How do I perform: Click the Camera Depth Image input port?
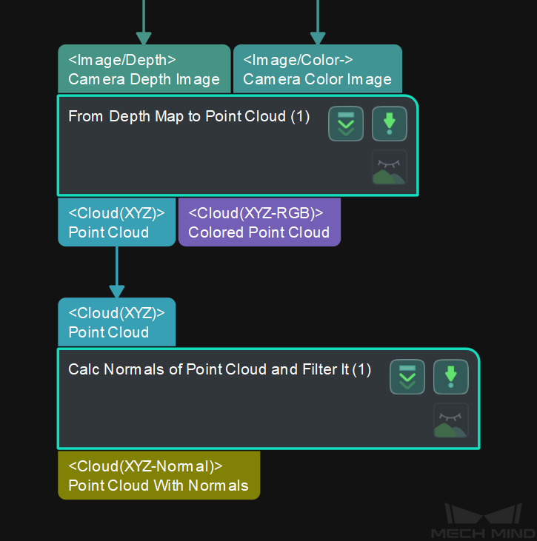pos(144,69)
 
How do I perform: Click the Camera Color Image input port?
pos(318,69)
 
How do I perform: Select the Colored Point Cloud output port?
pos(259,222)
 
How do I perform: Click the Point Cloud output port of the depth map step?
pos(116,222)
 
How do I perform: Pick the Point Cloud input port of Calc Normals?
pos(116,322)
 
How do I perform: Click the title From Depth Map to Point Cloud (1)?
pos(189,116)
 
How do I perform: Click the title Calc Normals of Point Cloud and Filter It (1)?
pos(219,369)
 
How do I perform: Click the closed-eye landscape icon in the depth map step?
pos(389,168)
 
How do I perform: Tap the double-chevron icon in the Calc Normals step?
pos(407,377)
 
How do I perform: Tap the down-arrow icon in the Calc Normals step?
pos(450,377)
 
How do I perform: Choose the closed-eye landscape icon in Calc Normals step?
pos(450,421)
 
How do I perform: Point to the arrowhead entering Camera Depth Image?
pos(144,38)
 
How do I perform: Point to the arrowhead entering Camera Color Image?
pos(318,38)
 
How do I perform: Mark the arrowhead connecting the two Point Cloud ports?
pos(116,290)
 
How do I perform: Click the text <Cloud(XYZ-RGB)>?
pos(256,212)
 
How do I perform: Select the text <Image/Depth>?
pos(122,60)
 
